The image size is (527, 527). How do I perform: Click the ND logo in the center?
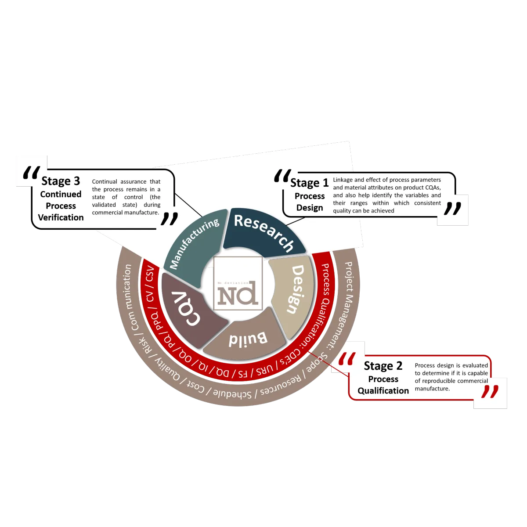coord(238,283)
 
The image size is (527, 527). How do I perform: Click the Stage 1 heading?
coord(309,183)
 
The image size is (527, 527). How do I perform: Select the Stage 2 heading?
coord(383,366)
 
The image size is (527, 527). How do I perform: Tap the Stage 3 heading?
coord(61,181)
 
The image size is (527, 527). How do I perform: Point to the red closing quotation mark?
coord(490,392)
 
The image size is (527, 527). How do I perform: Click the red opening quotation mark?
coord(347,359)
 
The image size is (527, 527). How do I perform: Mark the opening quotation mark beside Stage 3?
coord(32,173)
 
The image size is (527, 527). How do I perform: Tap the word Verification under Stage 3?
coord(61,217)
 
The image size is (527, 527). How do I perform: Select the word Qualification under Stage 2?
coord(383,391)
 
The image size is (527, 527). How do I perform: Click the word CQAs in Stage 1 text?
coord(433,188)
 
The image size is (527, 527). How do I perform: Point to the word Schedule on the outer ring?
coord(232,394)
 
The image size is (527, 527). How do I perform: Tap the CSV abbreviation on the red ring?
coord(150,274)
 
